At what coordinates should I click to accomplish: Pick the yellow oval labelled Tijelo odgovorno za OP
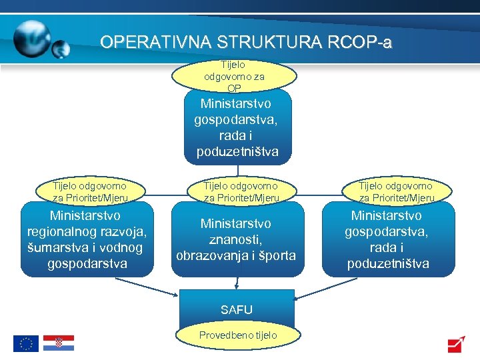tap(234, 77)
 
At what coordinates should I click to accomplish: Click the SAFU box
tap(237, 309)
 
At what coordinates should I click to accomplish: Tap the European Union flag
tap(26, 343)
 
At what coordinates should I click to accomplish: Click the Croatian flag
tap(59, 343)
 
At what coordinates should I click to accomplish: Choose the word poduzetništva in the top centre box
tap(237, 152)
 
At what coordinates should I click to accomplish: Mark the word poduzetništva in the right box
tap(388, 263)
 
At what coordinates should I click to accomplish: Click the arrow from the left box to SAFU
tap(146, 286)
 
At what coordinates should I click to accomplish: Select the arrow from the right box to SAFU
tap(327, 286)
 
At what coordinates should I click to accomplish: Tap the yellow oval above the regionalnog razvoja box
tap(89, 191)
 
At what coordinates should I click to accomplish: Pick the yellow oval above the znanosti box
tap(241, 191)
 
